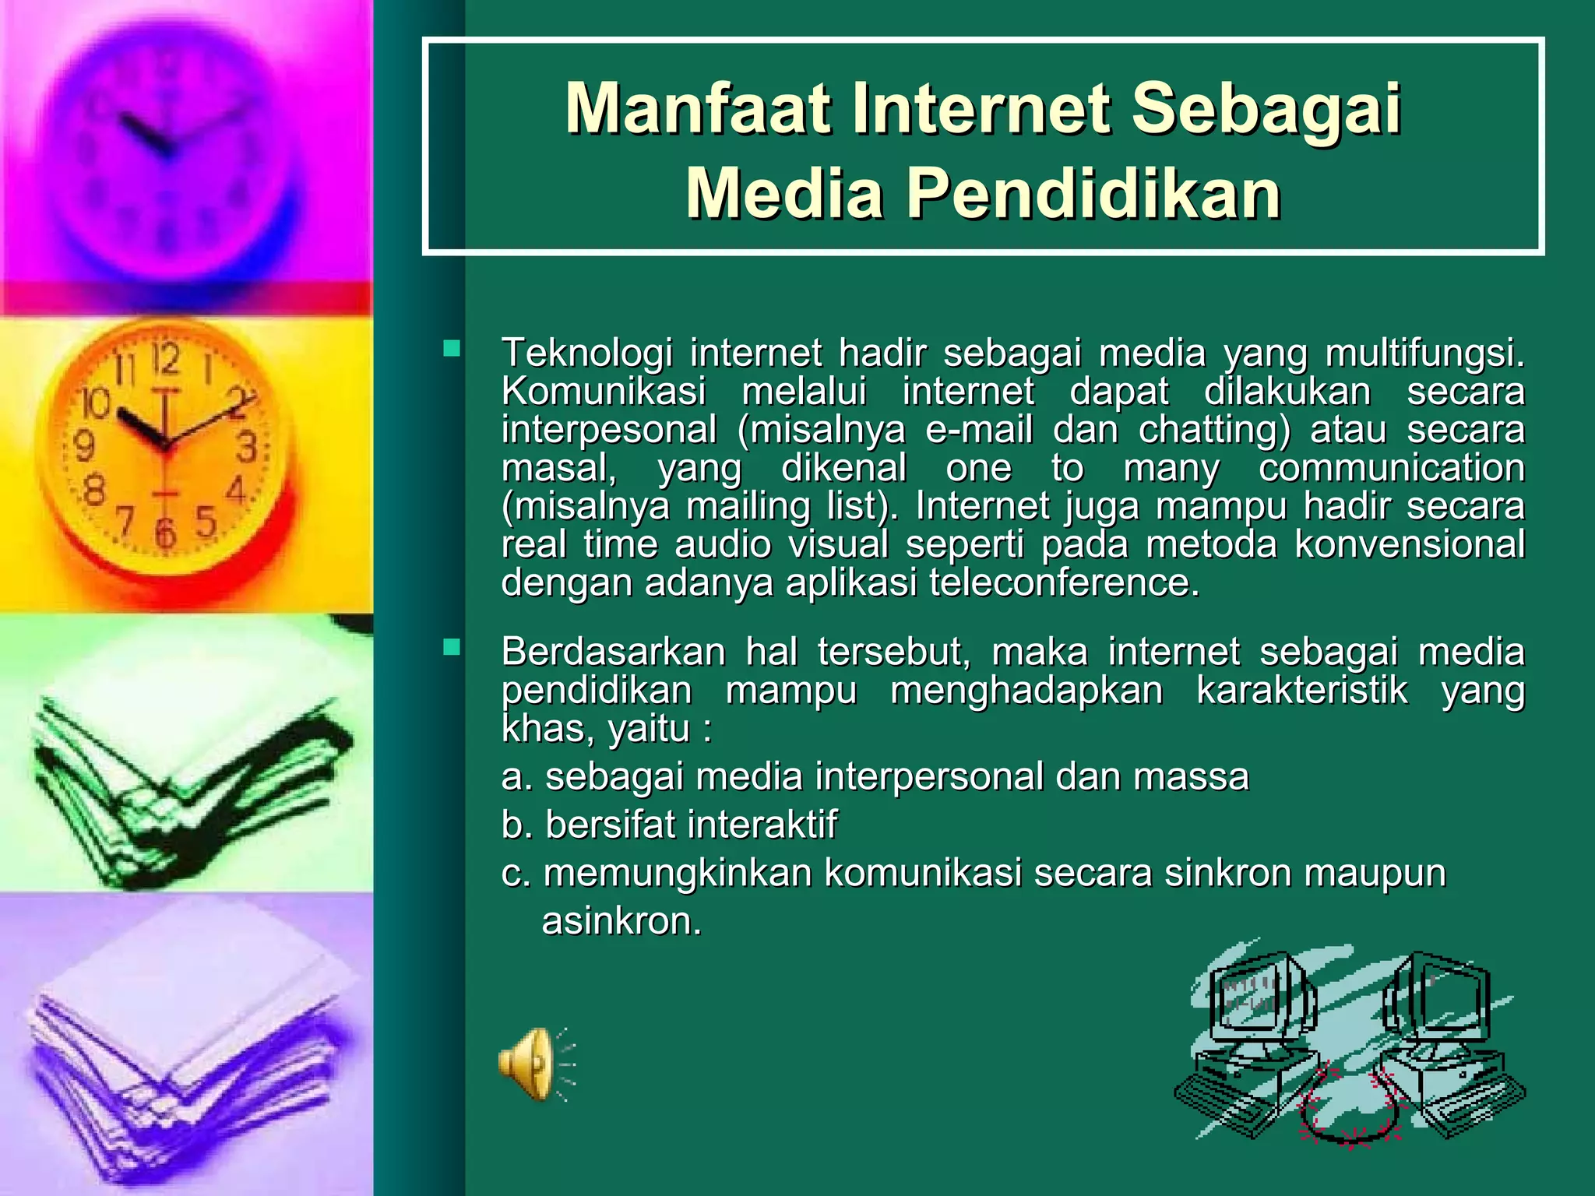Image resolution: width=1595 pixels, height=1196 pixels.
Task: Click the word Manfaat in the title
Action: point(699,110)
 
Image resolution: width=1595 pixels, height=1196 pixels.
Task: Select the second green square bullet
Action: point(452,647)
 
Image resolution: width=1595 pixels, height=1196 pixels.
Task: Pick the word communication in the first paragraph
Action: point(1391,468)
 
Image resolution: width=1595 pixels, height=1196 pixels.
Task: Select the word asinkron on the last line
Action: point(621,921)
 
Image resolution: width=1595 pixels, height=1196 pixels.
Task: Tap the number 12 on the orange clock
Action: point(166,359)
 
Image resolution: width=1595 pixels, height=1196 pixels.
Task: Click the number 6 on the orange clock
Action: point(166,533)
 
